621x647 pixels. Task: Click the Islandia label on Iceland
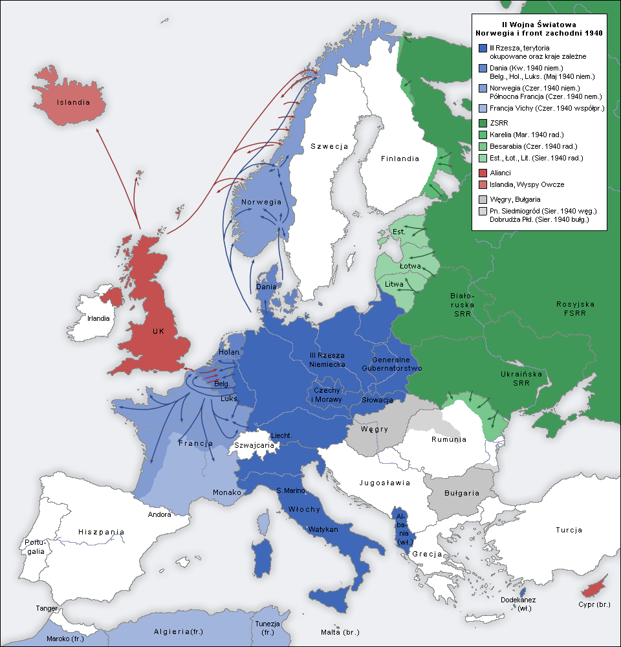point(72,102)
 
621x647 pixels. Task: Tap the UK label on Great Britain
point(158,331)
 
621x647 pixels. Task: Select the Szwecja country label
point(329,146)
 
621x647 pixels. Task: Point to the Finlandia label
point(399,159)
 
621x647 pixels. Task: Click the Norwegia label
point(261,202)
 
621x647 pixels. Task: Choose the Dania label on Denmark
point(267,286)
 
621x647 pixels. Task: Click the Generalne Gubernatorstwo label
point(397,364)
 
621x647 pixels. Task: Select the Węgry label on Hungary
point(375,429)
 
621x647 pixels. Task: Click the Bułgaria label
point(462,493)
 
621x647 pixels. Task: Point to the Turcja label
point(569,530)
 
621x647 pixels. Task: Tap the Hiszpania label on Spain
point(101,532)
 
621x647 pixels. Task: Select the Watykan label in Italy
point(323,529)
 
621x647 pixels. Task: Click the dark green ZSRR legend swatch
point(483,123)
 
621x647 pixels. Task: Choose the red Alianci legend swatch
point(483,173)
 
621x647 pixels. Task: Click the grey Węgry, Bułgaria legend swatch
point(483,199)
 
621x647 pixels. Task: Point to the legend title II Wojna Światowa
point(539,24)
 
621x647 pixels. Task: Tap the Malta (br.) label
point(340,632)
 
